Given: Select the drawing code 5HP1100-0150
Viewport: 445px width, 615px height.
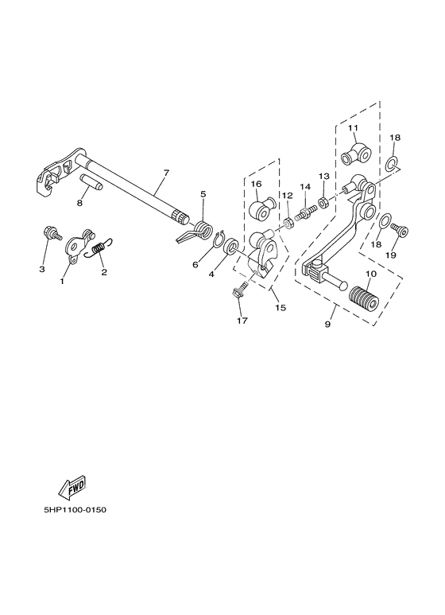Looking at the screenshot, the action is point(75,510).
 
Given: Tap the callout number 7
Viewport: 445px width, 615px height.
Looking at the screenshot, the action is point(166,173).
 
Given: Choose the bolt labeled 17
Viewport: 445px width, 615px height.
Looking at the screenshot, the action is point(238,290).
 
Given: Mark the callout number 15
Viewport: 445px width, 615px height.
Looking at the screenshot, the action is point(280,307).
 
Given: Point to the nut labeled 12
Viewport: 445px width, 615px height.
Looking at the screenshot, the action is point(288,224).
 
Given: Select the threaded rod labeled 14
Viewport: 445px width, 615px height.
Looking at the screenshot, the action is point(307,213).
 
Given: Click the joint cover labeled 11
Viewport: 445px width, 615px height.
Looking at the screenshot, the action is point(355,154).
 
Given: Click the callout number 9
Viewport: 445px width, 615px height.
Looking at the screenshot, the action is point(327,325).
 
